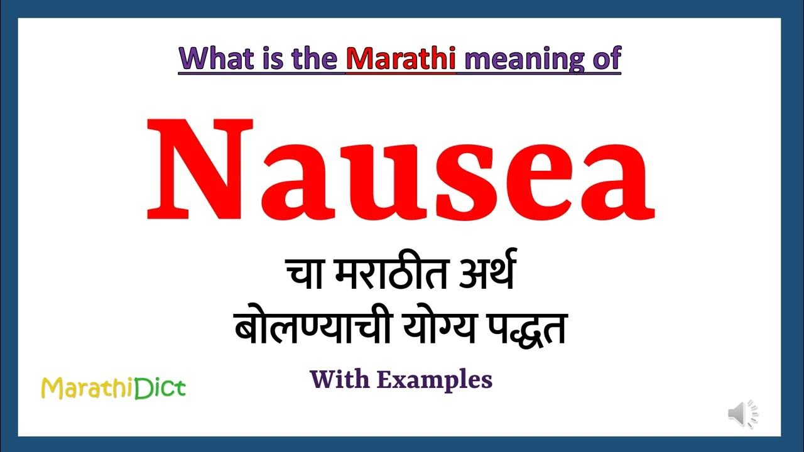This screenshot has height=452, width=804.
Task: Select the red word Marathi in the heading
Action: pos(400,58)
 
